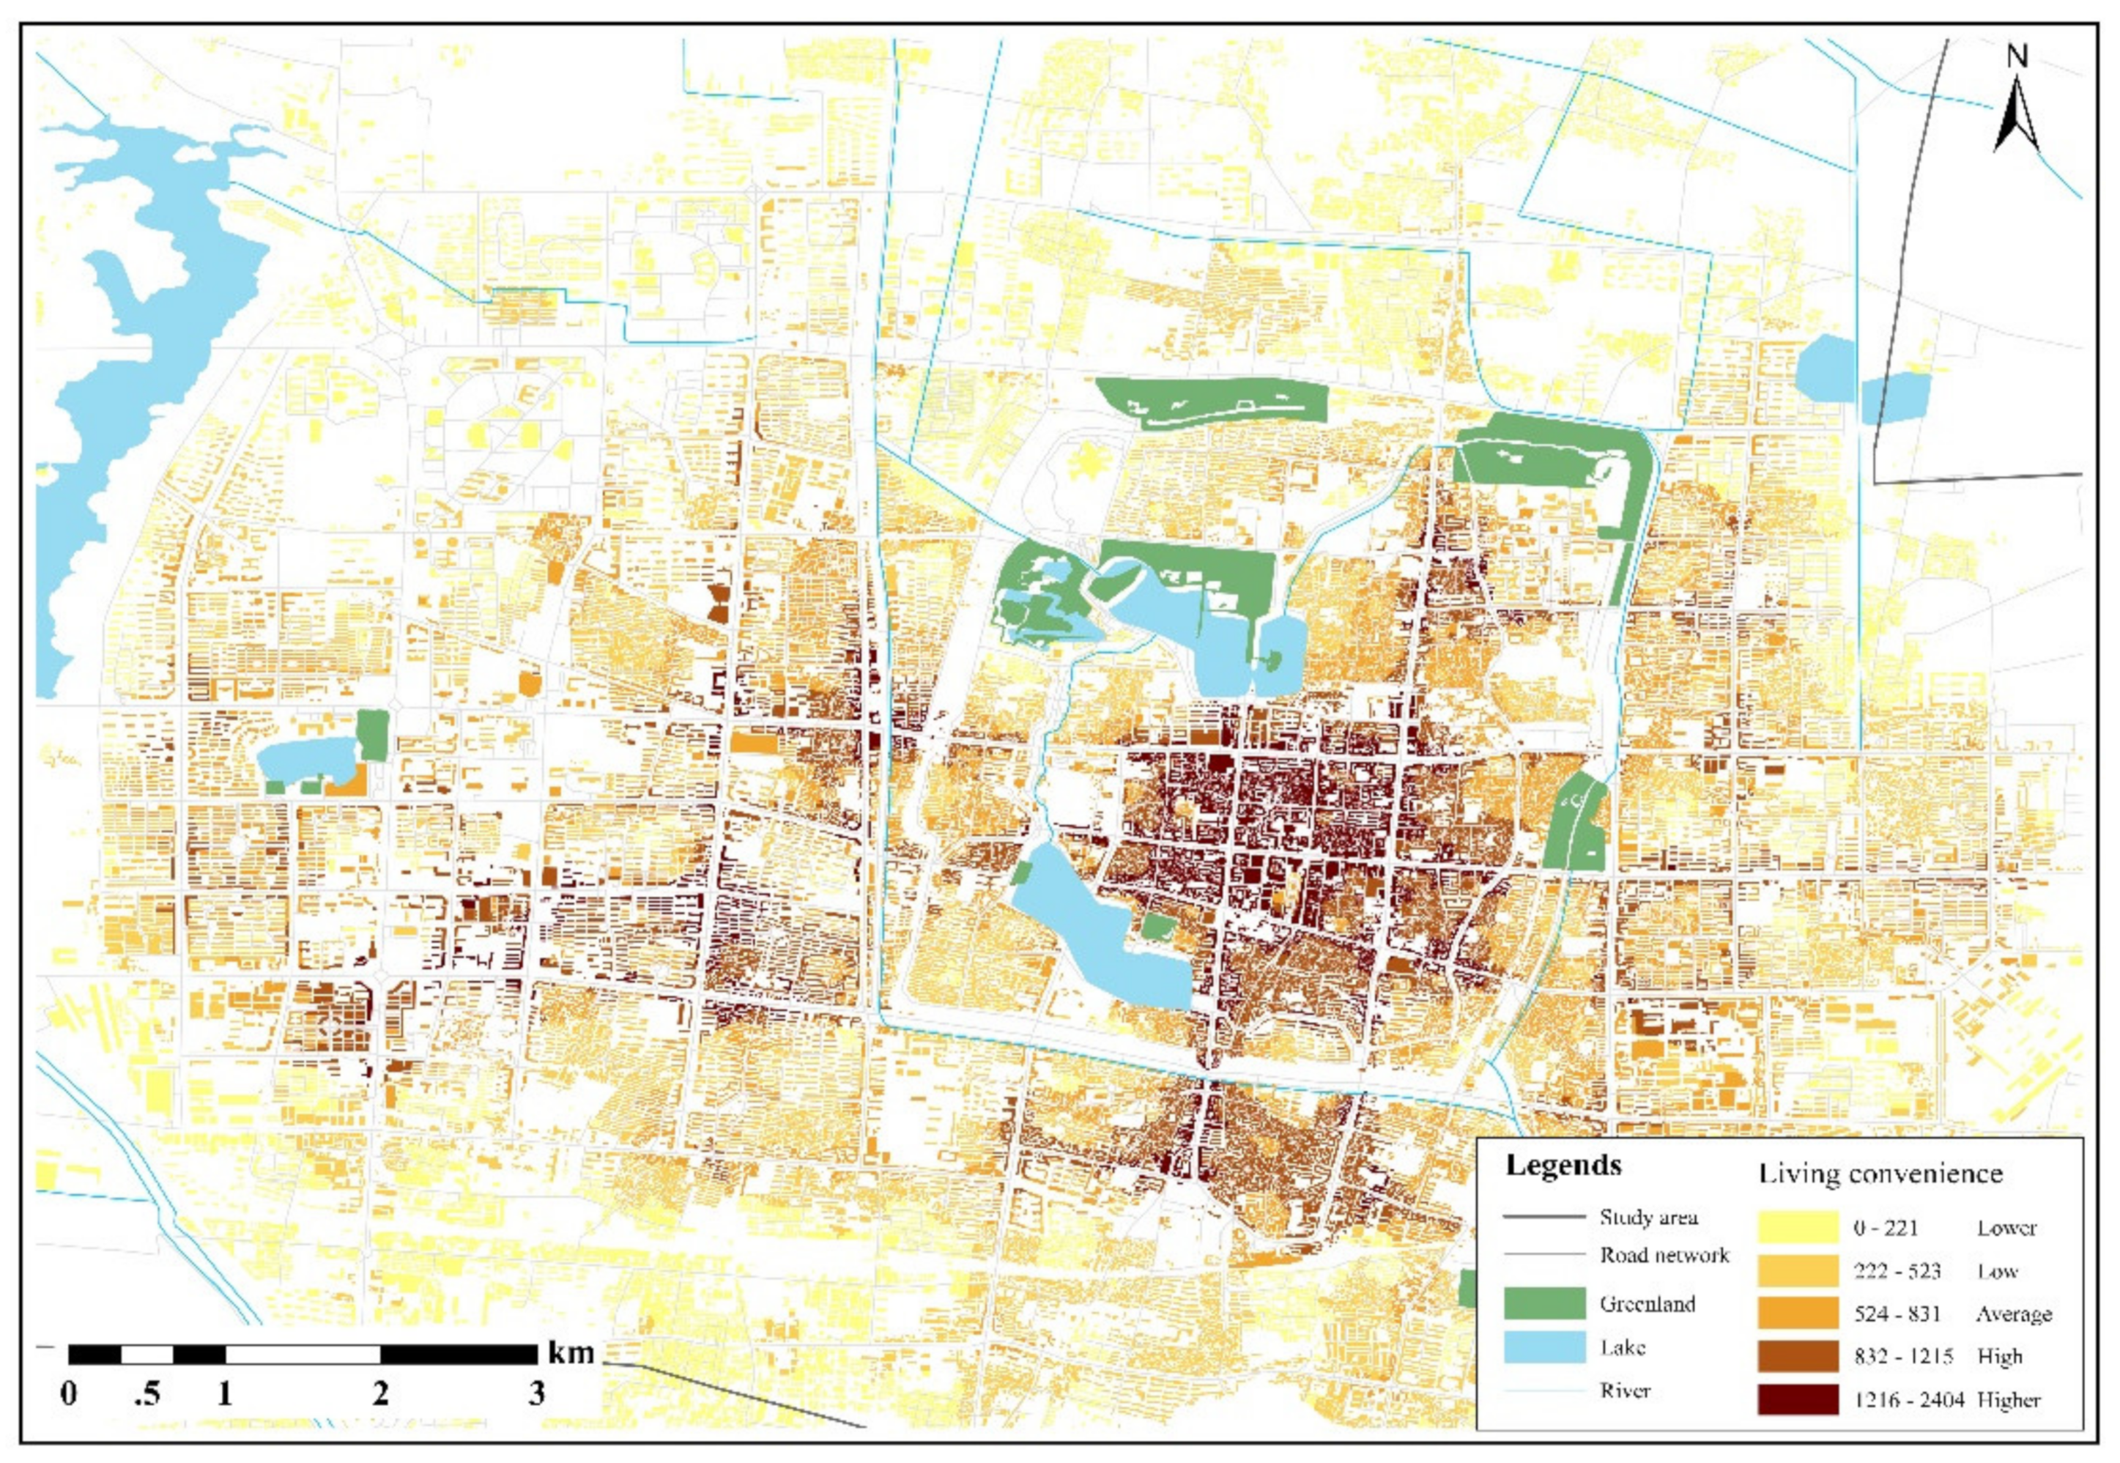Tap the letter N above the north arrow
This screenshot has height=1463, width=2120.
[x=2017, y=57]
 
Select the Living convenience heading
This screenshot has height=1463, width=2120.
[x=1880, y=1174]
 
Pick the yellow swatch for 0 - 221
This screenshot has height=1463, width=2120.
[x=1798, y=1227]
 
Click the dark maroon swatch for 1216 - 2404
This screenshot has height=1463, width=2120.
[x=1798, y=1400]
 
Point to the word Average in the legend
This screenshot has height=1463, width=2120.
[x=2014, y=1314]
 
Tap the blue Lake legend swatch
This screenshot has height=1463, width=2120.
[x=1544, y=1347]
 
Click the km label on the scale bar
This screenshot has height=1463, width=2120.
[x=571, y=1352]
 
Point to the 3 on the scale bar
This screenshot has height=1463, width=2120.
[x=537, y=1394]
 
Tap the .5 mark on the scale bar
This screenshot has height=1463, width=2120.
[x=147, y=1394]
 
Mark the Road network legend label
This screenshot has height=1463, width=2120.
[x=1664, y=1255]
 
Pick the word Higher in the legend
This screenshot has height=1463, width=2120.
[x=2009, y=1400]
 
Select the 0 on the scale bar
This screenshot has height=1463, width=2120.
[x=69, y=1394]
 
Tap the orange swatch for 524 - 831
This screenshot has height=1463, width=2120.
[x=1798, y=1314]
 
